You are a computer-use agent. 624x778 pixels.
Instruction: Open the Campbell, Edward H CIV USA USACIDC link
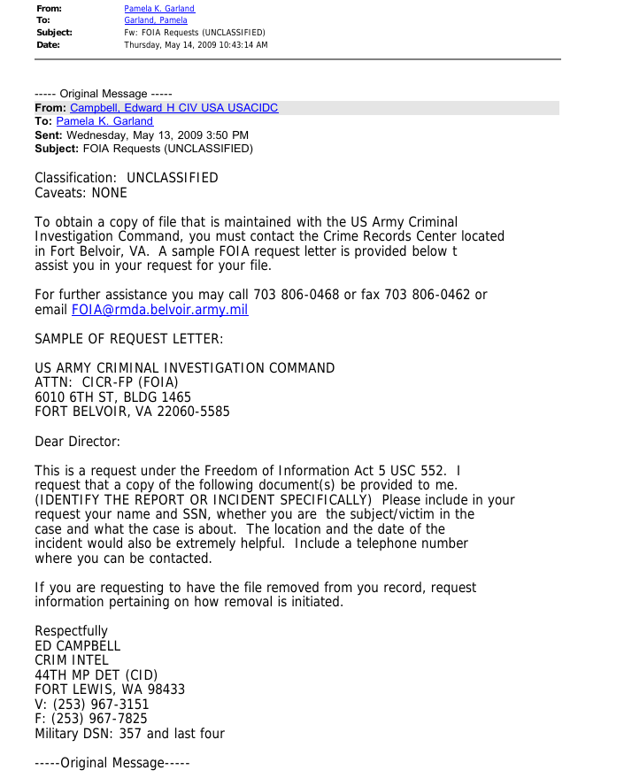pyautogui.click(x=173, y=108)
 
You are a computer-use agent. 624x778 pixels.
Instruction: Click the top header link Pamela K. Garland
pyautogui.click(x=159, y=9)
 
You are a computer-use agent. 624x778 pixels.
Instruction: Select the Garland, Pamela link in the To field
pyautogui.click(x=156, y=20)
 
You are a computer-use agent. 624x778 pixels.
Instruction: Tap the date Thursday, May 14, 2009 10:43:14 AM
pyautogui.click(x=196, y=45)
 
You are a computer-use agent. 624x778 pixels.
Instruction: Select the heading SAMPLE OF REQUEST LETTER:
pyautogui.click(x=128, y=339)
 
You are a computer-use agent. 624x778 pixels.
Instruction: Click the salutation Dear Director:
pyautogui.click(x=77, y=442)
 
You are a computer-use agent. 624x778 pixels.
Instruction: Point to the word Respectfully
pyautogui.click(x=71, y=631)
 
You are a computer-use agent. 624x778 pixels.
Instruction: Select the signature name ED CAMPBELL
pyautogui.click(x=77, y=646)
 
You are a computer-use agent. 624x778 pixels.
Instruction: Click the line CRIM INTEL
pyautogui.click(x=72, y=660)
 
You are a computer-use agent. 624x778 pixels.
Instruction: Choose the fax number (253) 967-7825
pyautogui.click(x=100, y=719)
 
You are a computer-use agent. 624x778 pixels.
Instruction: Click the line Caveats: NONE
pyautogui.click(x=81, y=193)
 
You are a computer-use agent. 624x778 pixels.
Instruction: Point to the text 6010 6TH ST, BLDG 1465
pyautogui.click(x=112, y=397)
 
